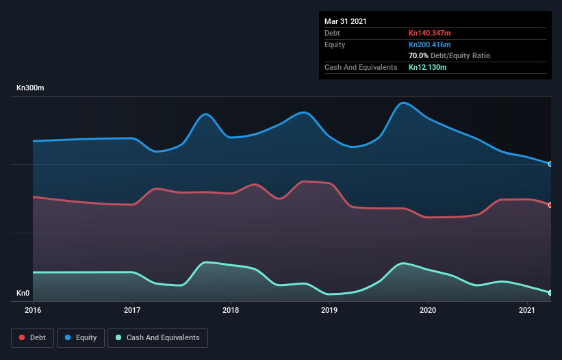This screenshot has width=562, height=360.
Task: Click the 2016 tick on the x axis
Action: (33, 311)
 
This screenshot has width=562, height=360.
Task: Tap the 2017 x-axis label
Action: (132, 311)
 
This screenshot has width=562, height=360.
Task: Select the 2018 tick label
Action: (231, 311)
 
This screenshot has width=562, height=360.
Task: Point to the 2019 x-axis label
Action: (329, 311)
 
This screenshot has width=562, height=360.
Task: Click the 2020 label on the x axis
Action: (428, 311)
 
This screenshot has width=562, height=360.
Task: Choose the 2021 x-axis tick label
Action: (527, 311)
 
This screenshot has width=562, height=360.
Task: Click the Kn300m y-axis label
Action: (31, 88)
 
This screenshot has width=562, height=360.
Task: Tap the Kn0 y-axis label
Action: (23, 294)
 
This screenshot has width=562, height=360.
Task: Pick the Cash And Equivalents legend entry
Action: (157, 337)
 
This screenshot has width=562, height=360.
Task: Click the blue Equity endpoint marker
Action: (550, 164)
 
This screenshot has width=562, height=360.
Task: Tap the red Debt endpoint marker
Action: (550, 205)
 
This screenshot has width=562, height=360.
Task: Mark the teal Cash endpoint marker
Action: (550, 293)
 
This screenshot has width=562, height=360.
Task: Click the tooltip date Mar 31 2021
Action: (346, 21)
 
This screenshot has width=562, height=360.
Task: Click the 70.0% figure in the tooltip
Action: (418, 55)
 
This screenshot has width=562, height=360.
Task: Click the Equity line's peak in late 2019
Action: (404, 103)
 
